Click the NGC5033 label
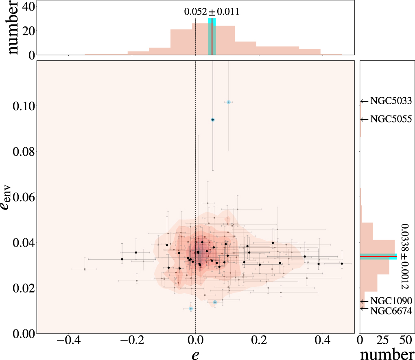391,101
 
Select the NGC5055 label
391,119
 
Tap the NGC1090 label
391,301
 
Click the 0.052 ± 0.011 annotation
212,12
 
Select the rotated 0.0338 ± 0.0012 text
404,256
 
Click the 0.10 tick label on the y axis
21,106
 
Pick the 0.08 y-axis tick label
21,152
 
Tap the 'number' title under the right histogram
387,353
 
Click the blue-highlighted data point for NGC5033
229,102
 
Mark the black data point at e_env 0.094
213,120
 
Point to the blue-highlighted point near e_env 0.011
190,309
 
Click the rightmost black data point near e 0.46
342,264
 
